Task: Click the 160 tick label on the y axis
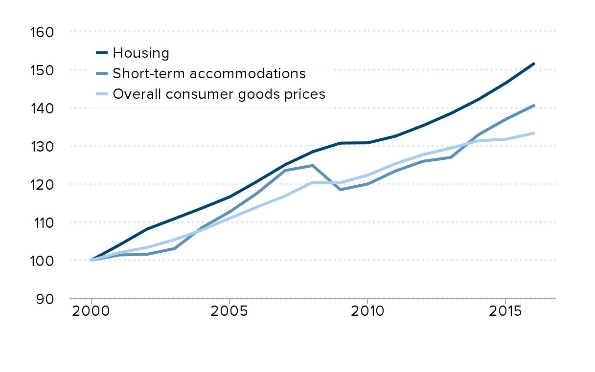click(42, 32)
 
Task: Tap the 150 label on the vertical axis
click(42, 70)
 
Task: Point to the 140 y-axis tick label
click(42, 108)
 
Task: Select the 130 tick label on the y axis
click(42, 146)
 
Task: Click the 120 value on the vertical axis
click(42, 184)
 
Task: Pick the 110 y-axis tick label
click(42, 222)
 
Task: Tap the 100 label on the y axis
click(42, 261)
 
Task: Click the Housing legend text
click(140, 53)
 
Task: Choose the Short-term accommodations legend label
click(209, 73)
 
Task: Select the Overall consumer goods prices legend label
click(219, 94)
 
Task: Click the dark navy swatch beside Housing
click(102, 53)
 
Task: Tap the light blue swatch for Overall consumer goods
click(102, 94)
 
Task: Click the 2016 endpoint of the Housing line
click(533, 64)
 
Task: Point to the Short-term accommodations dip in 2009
click(340, 189)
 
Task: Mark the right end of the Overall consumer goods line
click(533, 133)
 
